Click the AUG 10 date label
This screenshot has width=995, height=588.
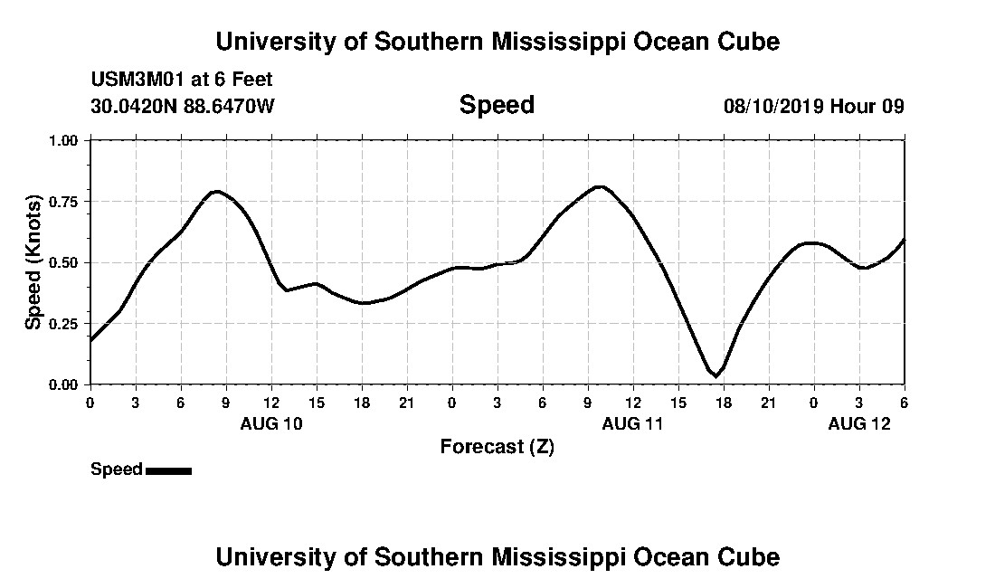[271, 423]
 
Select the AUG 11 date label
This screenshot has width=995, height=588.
[633, 423]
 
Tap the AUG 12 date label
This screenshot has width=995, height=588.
[859, 423]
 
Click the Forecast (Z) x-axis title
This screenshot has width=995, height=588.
[497, 447]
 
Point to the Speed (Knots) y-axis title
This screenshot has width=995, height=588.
[33, 262]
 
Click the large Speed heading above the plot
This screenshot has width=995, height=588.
[497, 105]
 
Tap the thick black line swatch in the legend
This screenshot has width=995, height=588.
[168, 470]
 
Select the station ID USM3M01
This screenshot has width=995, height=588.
[136, 80]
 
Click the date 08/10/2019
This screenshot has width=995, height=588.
[772, 107]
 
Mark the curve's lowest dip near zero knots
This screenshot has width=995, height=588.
[716, 375]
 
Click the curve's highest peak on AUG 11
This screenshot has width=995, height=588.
[599, 186]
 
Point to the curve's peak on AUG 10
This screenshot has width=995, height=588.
[215, 191]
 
